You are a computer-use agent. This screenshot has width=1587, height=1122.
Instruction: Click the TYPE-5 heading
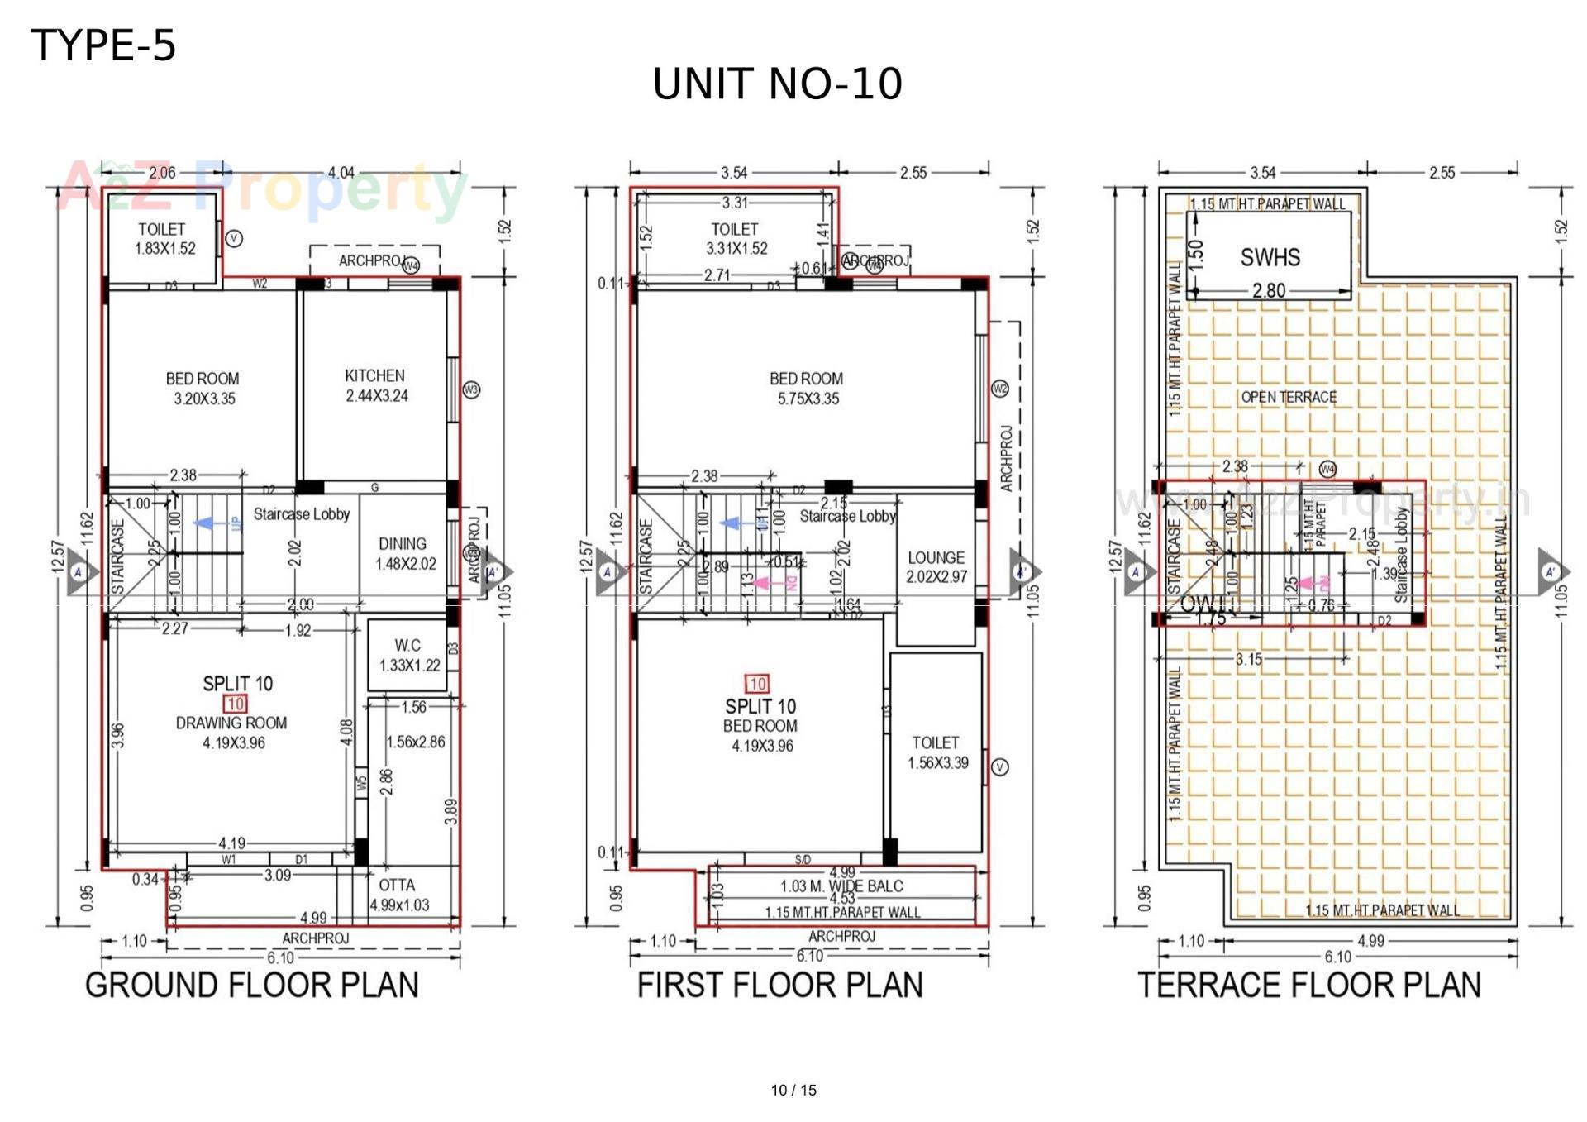point(103,45)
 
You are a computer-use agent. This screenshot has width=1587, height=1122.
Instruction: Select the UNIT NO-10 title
point(777,84)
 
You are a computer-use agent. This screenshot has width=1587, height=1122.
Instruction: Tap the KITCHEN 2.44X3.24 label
point(376,385)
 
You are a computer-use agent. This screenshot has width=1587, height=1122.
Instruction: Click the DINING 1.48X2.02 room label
point(403,553)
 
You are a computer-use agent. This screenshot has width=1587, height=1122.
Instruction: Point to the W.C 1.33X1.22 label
point(408,655)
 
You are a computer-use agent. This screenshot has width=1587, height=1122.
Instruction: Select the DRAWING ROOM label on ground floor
point(231,723)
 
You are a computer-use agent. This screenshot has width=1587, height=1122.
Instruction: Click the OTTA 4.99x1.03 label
point(398,895)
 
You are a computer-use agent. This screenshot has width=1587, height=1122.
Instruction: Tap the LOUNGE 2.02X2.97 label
point(936,566)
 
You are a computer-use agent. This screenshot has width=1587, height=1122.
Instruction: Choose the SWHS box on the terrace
point(1270,257)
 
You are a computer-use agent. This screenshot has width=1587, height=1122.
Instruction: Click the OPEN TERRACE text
point(1289,397)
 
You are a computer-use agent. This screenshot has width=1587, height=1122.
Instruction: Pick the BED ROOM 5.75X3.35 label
point(807,388)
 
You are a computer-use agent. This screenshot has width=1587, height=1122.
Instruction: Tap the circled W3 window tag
point(471,389)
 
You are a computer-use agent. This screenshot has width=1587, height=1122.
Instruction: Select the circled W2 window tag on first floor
point(999,389)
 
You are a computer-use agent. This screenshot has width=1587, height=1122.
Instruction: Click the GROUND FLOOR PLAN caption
point(252,985)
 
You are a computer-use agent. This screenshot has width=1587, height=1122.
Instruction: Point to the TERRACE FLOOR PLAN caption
point(1309,985)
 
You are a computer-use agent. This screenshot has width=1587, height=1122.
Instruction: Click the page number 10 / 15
point(793,1090)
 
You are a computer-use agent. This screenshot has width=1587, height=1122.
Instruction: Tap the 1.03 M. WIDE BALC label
point(841,886)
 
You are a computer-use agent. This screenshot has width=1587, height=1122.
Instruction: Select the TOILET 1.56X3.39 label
point(936,752)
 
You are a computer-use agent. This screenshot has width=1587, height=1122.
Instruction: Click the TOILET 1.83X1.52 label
point(164,238)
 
